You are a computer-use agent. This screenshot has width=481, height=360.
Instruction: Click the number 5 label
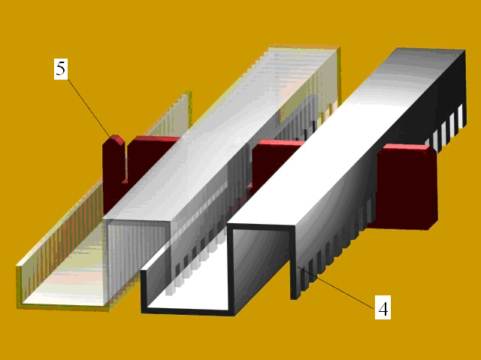[x=61, y=69]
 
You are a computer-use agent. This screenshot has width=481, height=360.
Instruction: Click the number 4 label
[x=383, y=307]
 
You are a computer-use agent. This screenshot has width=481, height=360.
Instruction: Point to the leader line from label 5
[x=89, y=108]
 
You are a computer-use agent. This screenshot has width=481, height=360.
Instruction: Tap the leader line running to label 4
[x=337, y=288]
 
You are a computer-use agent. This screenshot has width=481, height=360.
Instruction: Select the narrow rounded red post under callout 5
[x=113, y=171]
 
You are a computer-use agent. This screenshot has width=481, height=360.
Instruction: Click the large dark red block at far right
[x=407, y=188]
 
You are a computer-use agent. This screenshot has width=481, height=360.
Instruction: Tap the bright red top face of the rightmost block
[x=404, y=147]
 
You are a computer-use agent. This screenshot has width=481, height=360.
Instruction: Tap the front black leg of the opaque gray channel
[x=294, y=264]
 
